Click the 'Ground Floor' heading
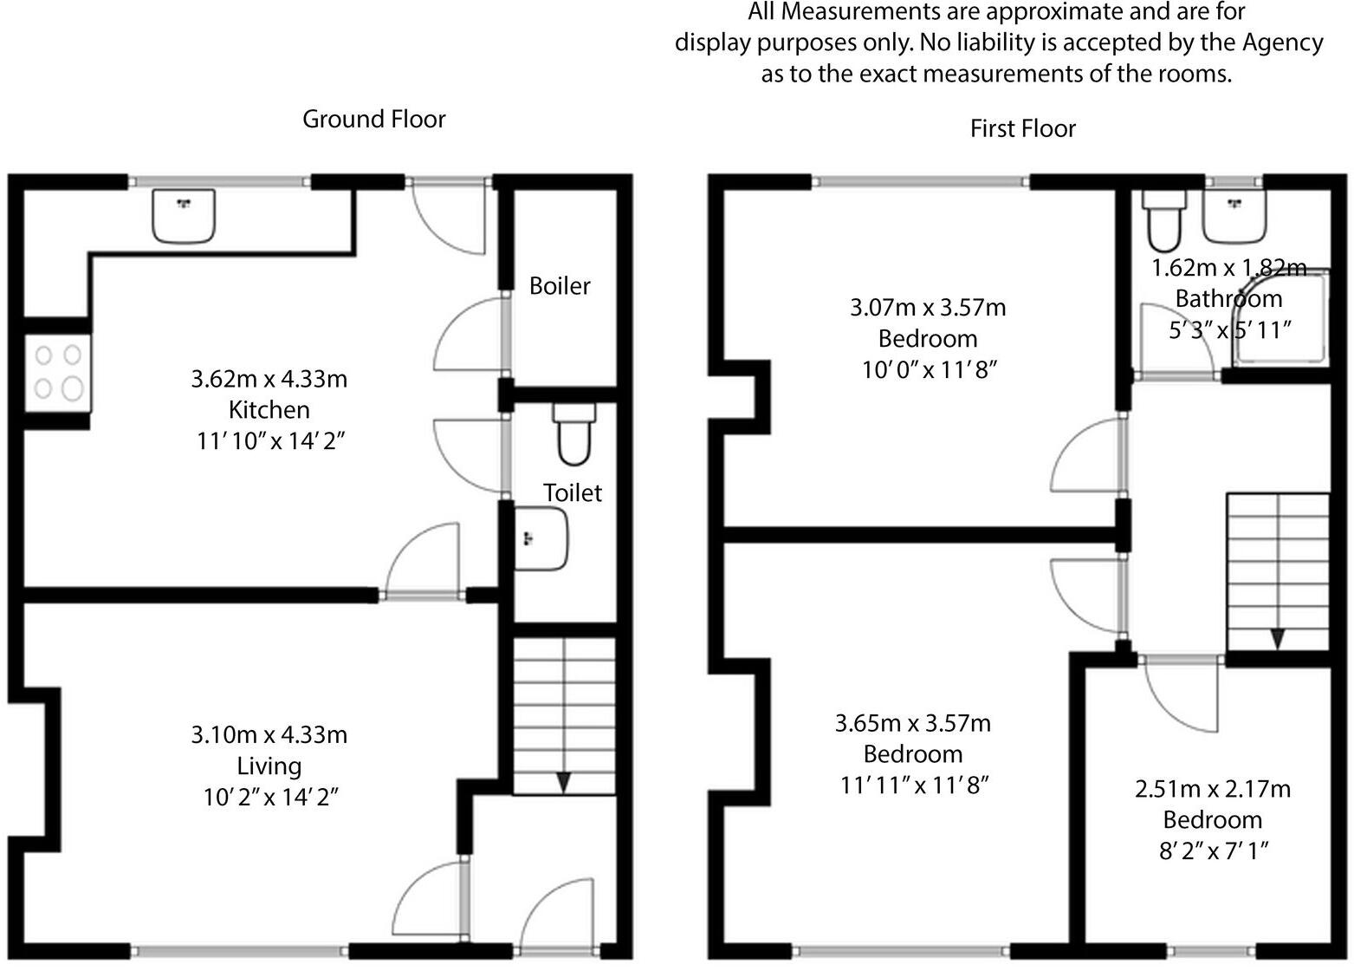point(373,119)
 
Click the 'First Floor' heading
point(1022,128)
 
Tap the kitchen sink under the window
point(183,215)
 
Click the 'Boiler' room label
point(560,285)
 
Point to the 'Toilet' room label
point(572,492)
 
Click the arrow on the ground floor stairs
point(564,782)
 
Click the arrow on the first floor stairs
point(1278,639)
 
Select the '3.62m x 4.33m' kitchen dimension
point(269,379)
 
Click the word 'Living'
point(269,766)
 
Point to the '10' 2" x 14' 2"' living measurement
point(269,797)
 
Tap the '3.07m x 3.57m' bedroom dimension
point(927,307)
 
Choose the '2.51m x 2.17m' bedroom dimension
point(1212,789)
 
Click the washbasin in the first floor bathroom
point(1234,216)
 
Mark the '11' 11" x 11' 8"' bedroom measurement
point(914,785)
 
